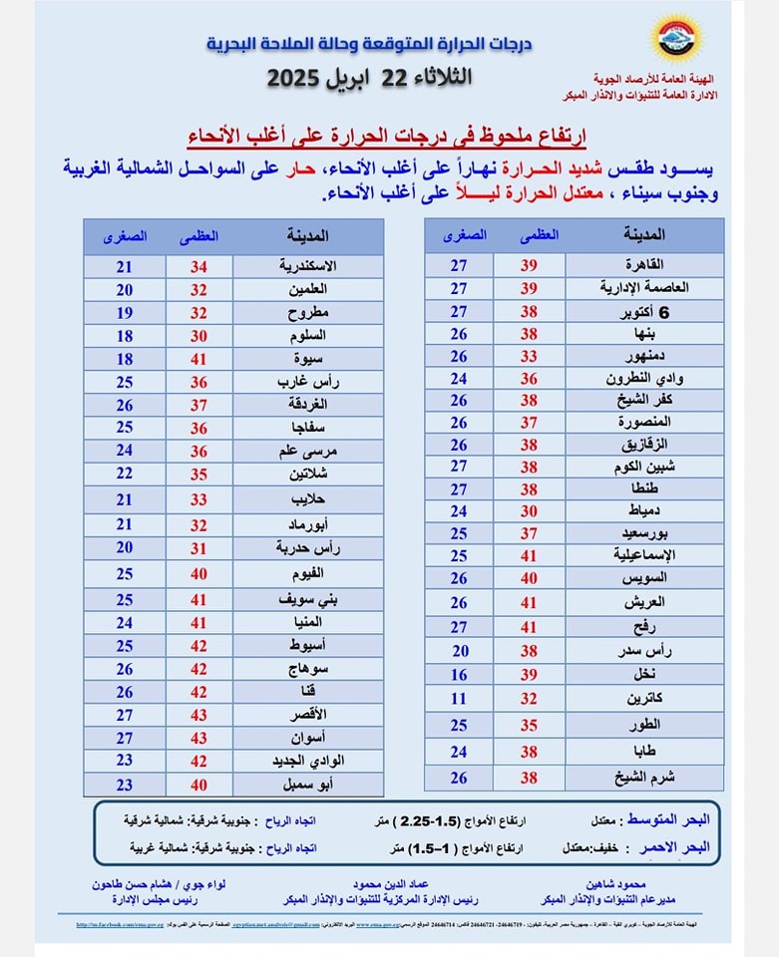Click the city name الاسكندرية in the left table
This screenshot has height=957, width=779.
tap(304, 266)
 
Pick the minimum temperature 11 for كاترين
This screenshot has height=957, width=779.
tap(459, 698)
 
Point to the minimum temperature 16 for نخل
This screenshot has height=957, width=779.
tap(459, 675)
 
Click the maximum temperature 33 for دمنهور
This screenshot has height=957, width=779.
tap(529, 356)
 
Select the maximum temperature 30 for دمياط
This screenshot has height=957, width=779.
tap(529, 511)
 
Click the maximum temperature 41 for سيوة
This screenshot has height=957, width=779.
tap(198, 358)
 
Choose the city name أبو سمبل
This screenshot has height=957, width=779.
tap(304, 784)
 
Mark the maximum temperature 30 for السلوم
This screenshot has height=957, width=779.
tap(198, 335)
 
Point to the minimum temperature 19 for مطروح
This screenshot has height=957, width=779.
tap(124, 312)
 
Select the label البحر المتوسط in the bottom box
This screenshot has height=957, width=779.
tap(667, 819)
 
